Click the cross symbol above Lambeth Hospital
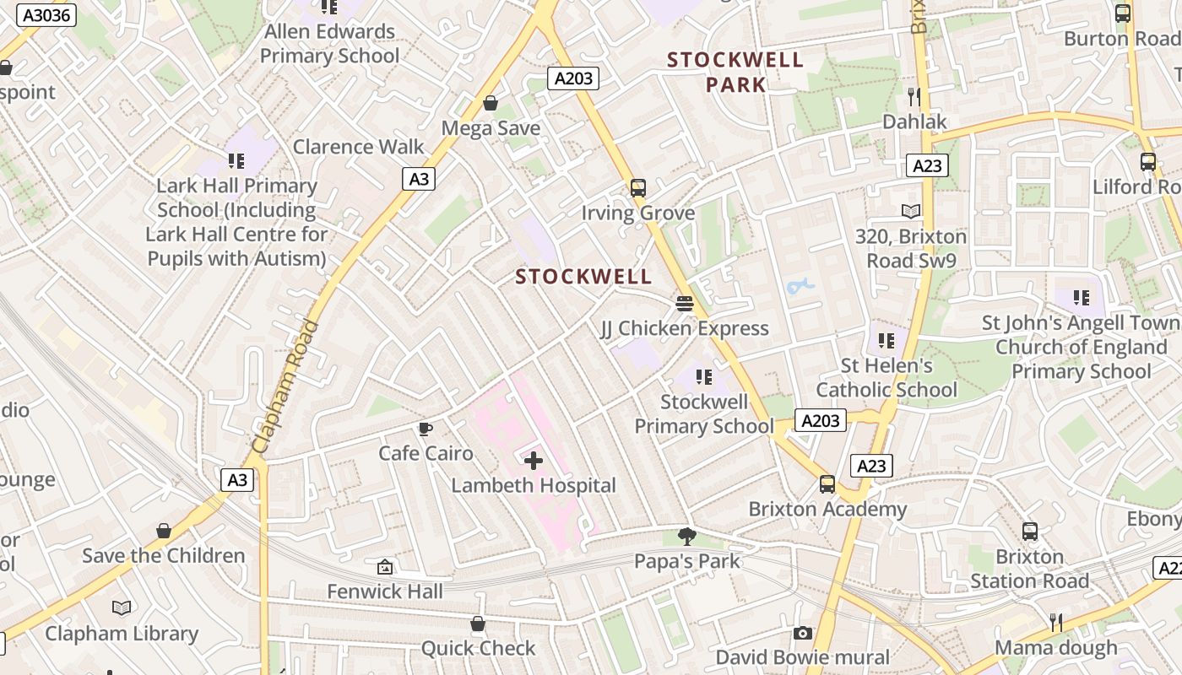(x=534, y=461)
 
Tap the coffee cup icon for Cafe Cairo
(x=426, y=429)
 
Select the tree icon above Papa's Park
(x=687, y=536)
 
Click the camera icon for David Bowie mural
(x=802, y=633)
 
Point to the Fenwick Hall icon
(x=385, y=567)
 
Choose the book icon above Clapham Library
(x=122, y=607)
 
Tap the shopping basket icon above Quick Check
(x=478, y=624)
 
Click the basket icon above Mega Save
(x=491, y=103)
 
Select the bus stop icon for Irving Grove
(x=638, y=188)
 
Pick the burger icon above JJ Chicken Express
(x=684, y=303)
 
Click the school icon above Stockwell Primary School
(x=704, y=377)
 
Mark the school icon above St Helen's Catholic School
(x=886, y=341)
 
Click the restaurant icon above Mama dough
(x=1055, y=623)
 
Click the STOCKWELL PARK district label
(x=735, y=72)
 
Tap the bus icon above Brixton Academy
(x=827, y=484)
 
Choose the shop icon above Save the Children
(x=164, y=531)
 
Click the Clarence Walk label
(x=358, y=146)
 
